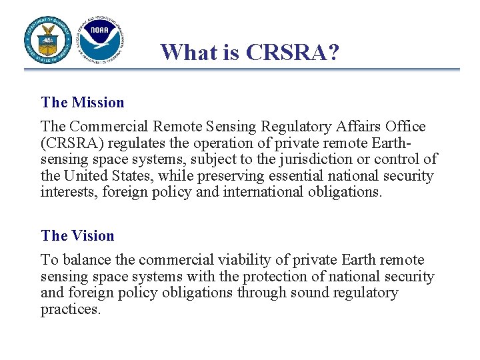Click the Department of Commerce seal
pyautogui.click(x=49, y=39)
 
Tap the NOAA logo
pyautogui.click(x=100, y=39)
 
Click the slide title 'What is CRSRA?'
pyautogui.click(x=249, y=51)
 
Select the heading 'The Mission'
pyautogui.click(x=83, y=103)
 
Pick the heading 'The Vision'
pyautogui.click(x=77, y=236)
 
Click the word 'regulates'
pyautogui.click(x=132, y=143)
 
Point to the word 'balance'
pyautogui.click(x=82, y=260)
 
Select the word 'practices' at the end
pyautogui.click(x=70, y=309)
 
